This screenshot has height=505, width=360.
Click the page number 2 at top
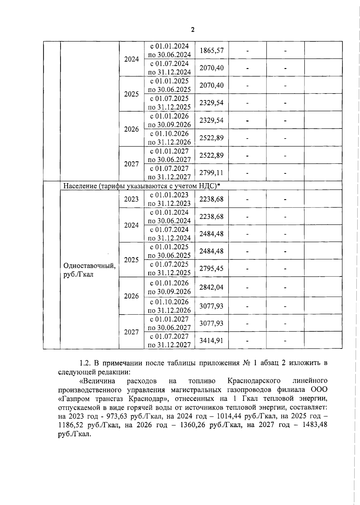192,30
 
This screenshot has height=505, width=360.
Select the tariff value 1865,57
211,50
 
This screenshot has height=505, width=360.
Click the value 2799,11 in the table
211,173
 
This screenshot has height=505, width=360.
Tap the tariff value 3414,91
211,340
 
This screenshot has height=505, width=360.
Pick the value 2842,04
211,287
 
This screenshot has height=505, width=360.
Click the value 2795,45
211,268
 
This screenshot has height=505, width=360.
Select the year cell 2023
131,199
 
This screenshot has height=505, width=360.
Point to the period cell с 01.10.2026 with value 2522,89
169,138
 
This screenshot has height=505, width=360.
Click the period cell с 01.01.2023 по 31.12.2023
169,199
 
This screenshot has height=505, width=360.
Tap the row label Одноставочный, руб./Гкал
89,270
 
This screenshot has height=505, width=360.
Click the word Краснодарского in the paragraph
254,381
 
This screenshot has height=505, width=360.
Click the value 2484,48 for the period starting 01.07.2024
211,234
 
